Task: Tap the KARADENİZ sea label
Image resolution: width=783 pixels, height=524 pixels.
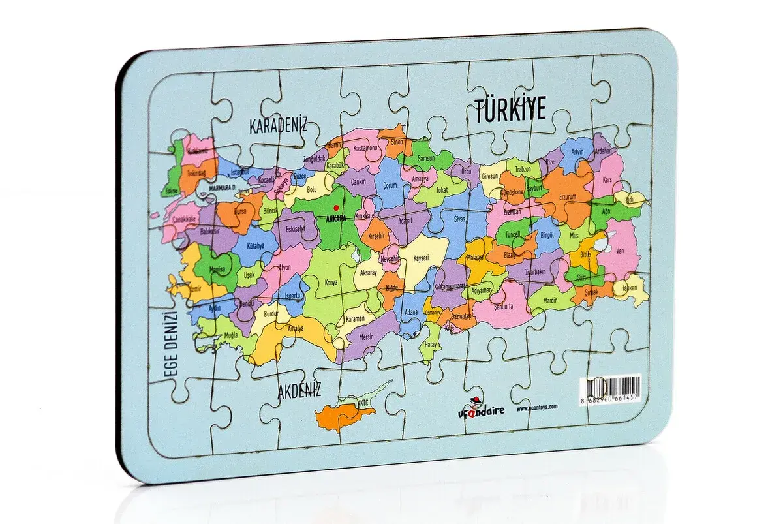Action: (278, 126)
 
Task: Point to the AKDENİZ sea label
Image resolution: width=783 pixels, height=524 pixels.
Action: (299, 392)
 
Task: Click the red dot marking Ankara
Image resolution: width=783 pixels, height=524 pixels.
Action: (337, 208)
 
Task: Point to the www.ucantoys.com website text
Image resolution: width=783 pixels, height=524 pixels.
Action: (537, 407)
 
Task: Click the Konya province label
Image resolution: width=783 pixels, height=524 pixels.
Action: (331, 283)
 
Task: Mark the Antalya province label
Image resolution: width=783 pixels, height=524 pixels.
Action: (295, 328)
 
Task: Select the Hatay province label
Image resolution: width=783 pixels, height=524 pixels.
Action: (430, 343)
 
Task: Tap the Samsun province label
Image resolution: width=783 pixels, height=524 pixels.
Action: (425, 159)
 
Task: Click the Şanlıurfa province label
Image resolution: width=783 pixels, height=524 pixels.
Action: (503, 305)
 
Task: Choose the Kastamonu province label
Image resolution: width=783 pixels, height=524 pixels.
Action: (365, 149)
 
